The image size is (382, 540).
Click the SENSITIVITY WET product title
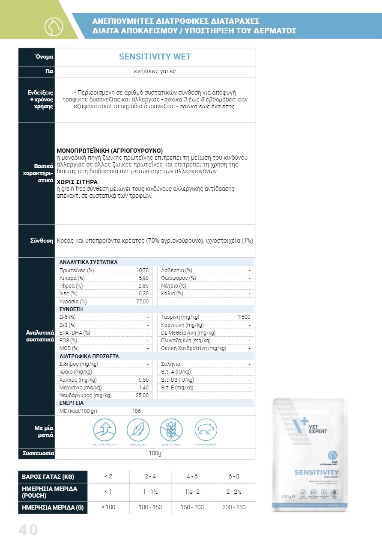tap(155, 57)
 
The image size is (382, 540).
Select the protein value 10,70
tap(142, 270)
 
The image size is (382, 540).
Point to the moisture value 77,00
tap(142, 302)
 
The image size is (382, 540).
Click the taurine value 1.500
tap(244, 317)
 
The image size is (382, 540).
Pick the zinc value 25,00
tap(142, 395)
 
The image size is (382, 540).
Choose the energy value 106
tap(136, 411)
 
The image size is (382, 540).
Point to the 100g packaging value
tap(155, 454)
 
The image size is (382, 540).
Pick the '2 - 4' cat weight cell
tap(150, 477)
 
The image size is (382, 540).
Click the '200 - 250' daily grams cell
tap(234, 507)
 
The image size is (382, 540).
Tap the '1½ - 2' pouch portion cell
tap(192, 492)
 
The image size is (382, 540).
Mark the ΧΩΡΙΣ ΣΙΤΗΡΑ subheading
tap(73, 181)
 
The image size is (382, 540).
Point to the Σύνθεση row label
tap(42, 241)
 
